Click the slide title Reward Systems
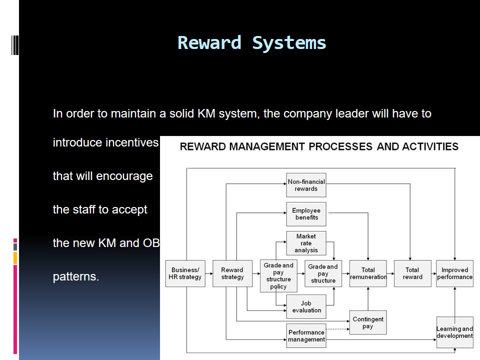pyautogui.click(x=251, y=43)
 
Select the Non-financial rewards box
pyautogui.click(x=306, y=185)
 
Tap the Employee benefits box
pyautogui.click(x=306, y=214)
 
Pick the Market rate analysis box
pyautogui.click(x=306, y=243)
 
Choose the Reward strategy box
pyautogui.click(x=232, y=273)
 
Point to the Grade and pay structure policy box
pyautogui.click(x=278, y=276)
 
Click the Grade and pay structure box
pyautogui.click(x=323, y=273)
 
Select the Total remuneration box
pyautogui.click(x=368, y=273)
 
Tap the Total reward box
pyautogui.click(x=412, y=273)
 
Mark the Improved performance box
pyautogui.click(x=454, y=273)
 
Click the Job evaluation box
pyautogui.click(x=306, y=306)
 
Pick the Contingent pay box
pyautogui.click(x=368, y=322)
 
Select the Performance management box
pyautogui.click(x=306, y=335)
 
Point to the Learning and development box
pyautogui.click(x=454, y=332)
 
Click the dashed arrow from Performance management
pyautogui.click(x=337, y=328)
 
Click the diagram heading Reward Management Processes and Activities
pyautogui.click(x=319, y=146)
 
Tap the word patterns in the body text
pyautogui.click(x=76, y=276)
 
